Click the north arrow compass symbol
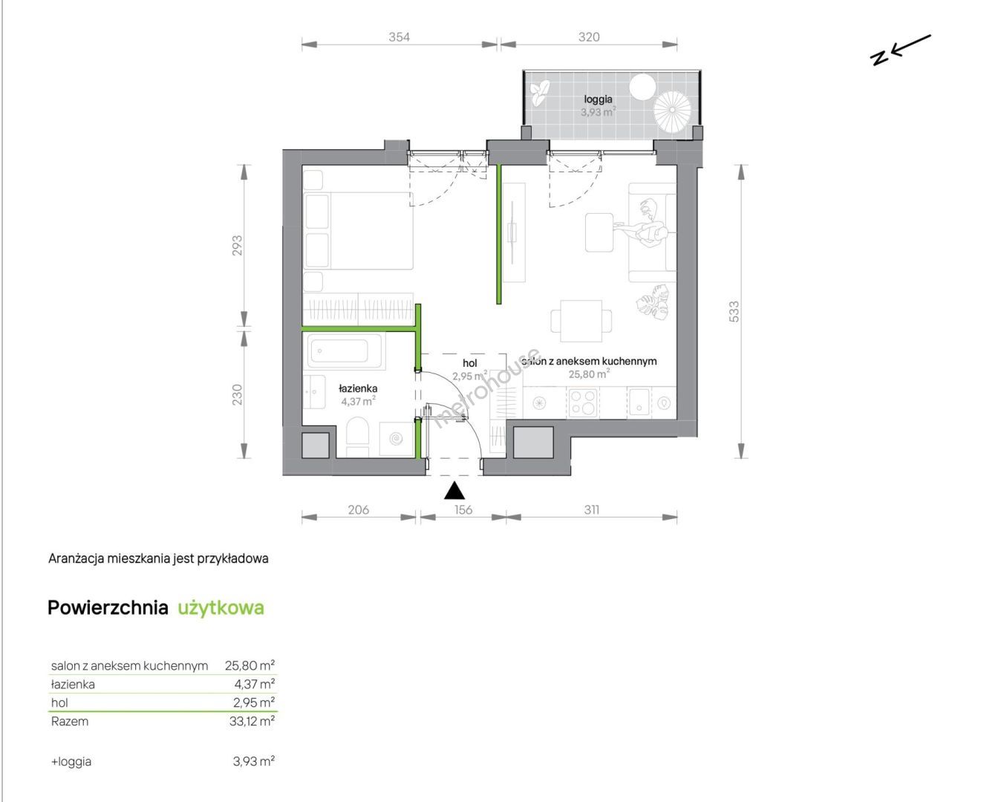(x=900, y=50)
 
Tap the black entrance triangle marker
(x=454, y=491)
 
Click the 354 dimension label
(x=399, y=36)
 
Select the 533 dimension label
(x=734, y=311)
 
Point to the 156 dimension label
(x=463, y=510)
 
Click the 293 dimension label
(x=237, y=246)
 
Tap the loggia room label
(x=599, y=99)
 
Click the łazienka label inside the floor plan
(x=358, y=388)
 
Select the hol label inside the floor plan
(x=470, y=363)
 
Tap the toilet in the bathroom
(x=357, y=437)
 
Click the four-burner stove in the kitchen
(x=583, y=402)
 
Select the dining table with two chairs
(x=581, y=321)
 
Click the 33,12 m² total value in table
(x=252, y=721)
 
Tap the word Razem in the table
(x=70, y=722)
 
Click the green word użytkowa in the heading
(x=221, y=608)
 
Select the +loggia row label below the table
(x=71, y=761)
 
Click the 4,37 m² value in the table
(x=254, y=684)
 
